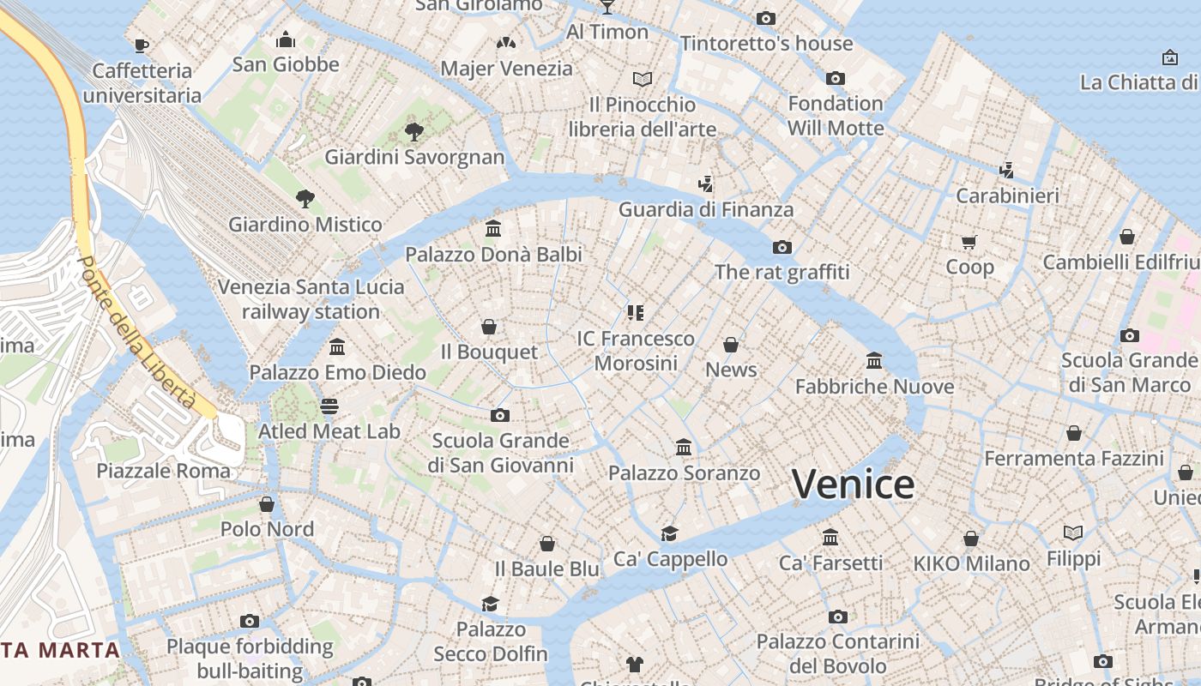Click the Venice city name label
pyautogui.click(x=853, y=484)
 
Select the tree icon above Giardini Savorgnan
pyautogui.click(x=414, y=132)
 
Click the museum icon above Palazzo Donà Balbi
pyautogui.click(x=493, y=229)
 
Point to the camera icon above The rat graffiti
pyautogui.click(x=782, y=247)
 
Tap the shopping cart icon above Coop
pyautogui.click(x=969, y=242)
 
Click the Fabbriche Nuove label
pyautogui.click(x=874, y=387)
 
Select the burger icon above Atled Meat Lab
pyautogui.click(x=329, y=406)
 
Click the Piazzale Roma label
pyautogui.click(x=163, y=471)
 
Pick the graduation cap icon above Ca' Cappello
pyautogui.click(x=670, y=533)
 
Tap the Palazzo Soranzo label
pyautogui.click(x=684, y=472)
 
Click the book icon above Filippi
pyautogui.click(x=1073, y=533)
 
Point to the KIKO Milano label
pyautogui.click(x=971, y=563)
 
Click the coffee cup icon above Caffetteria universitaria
pyautogui.click(x=142, y=45)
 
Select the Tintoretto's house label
pyautogui.click(x=766, y=43)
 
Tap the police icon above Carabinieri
pyautogui.click(x=1007, y=170)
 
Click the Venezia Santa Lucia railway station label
pyautogui.click(x=311, y=298)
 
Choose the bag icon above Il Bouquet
pyautogui.click(x=489, y=327)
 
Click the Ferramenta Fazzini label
pyautogui.click(x=1073, y=459)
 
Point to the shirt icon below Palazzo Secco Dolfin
pyautogui.click(x=634, y=664)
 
